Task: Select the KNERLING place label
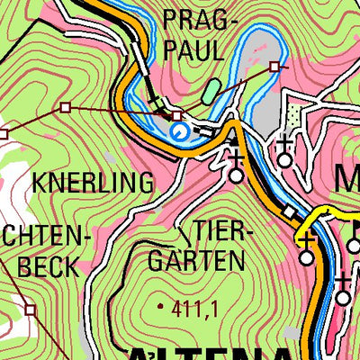click(93, 183)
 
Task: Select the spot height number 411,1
click(194, 308)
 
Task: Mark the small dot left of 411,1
click(161, 307)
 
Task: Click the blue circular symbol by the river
click(180, 132)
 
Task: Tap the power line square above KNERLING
click(65, 107)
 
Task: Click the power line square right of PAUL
click(274, 66)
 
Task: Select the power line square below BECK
click(31, 309)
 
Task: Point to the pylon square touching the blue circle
click(177, 116)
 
